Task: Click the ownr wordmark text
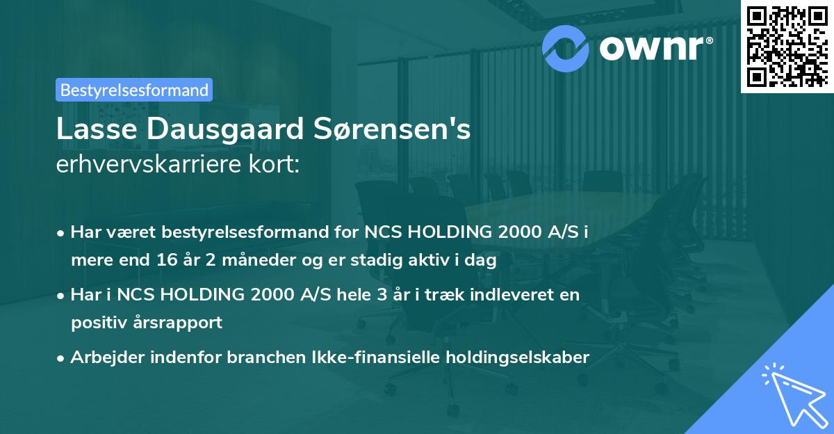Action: pyautogui.click(x=655, y=47)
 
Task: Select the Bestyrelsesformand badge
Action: pyautogui.click(x=134, y=90)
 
